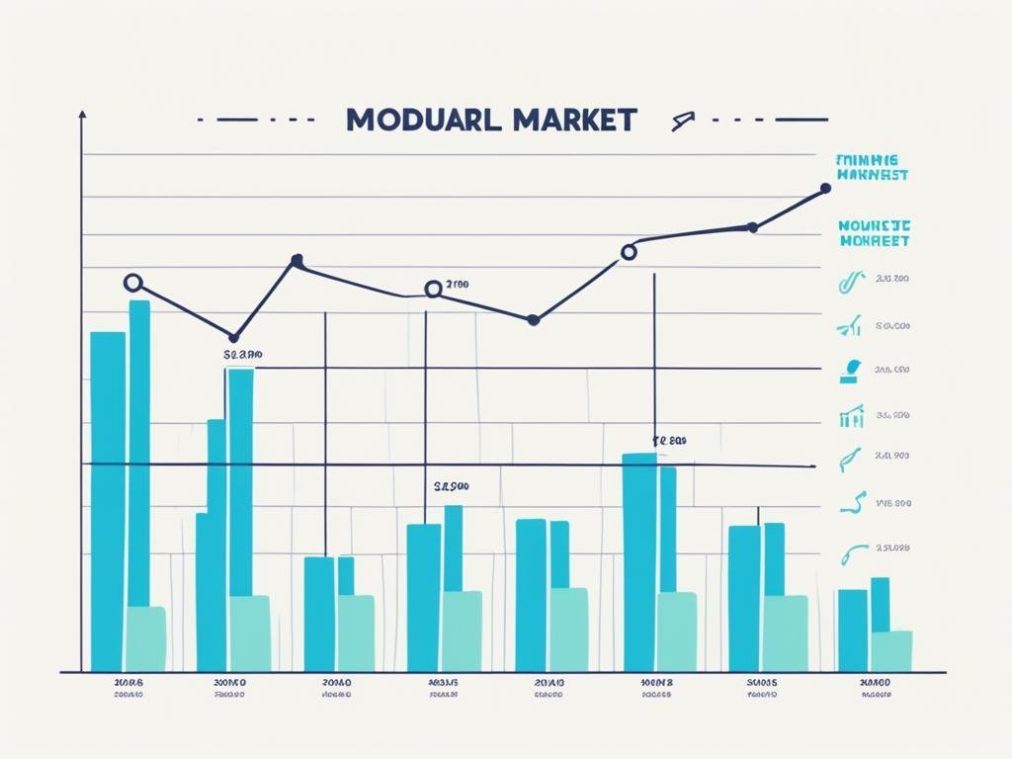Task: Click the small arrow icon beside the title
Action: click(x=679, y=122)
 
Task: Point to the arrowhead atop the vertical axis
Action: click(x=82, y=116)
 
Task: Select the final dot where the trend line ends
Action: click(x=826, y=188)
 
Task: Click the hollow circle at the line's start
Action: click(x=133, y=284)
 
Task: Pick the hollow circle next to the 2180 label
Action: click(x=433, y=290)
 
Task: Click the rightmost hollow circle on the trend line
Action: click(x=628, y=252)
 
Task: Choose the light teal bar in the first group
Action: click(x=145, y=638)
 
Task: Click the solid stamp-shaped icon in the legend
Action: click(x=850, y=371)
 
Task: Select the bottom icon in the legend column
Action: click(x=852, y=554)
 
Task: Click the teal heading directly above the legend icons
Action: click(x=874, y=233)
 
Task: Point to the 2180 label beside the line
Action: click(x=458, y=285)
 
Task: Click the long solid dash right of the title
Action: click(x=801, y=120)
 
